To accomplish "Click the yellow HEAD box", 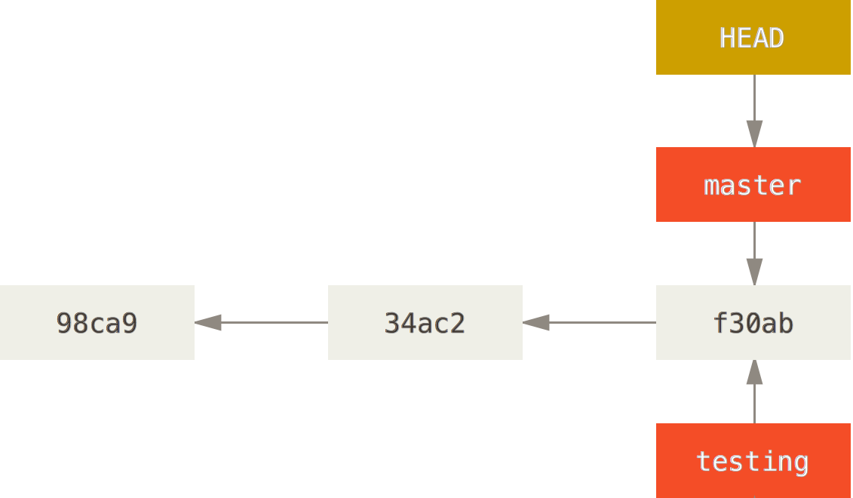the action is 753,37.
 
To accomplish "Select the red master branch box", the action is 753,185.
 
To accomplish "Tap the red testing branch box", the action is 753,460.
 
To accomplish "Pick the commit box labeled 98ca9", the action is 97,322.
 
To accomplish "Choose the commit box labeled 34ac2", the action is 425,322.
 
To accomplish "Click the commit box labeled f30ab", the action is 753,322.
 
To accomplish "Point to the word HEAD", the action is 753,38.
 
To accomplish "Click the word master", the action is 753,186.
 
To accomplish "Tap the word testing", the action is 753,462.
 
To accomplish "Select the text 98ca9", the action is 97,323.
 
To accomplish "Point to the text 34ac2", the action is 425,323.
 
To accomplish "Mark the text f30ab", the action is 753,323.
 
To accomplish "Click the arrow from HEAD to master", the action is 754,111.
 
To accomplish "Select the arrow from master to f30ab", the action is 754,254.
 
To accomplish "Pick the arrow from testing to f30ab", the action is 754,392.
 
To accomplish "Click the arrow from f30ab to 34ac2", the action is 589,322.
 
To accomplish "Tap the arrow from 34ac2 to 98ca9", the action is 261,322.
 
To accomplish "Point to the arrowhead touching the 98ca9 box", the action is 208,322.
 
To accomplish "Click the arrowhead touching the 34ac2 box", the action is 535,322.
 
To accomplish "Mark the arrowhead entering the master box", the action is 754,134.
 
